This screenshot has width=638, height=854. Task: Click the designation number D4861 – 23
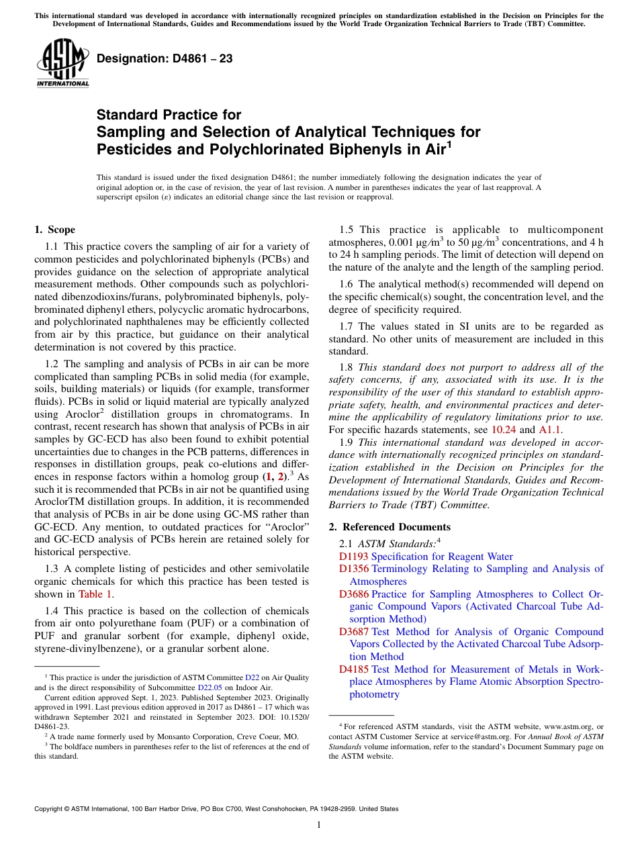point(165,59)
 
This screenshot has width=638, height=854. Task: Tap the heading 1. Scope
point(54,230)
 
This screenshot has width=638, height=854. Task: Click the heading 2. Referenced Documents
point(390,526)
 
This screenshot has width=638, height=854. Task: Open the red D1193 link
point(354,557)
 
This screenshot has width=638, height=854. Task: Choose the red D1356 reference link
point(354,569)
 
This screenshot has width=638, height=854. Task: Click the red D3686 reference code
point(354,594)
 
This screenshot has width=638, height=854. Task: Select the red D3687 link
point(354,632)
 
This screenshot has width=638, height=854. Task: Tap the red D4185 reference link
point(354,669)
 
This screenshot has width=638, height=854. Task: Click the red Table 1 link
point(95,594)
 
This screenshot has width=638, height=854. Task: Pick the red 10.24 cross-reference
point(504,430)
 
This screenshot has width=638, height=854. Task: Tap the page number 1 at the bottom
point(319,824)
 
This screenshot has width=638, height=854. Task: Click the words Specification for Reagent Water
point(442,557)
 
